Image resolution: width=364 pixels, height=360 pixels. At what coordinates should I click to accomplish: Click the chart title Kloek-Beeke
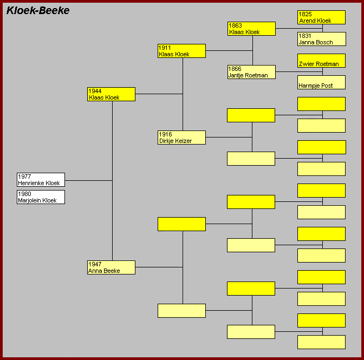[38, 10]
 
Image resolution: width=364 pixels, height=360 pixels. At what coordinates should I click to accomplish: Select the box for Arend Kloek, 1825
[321, 17]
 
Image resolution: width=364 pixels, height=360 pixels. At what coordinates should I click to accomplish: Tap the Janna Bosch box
[321, 39]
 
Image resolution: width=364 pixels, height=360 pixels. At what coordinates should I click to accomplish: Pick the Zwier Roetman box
[321, 61]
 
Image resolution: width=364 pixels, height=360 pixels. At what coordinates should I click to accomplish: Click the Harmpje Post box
[321, 82]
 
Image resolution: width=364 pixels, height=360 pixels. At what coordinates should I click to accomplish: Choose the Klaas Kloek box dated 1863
[251, 29]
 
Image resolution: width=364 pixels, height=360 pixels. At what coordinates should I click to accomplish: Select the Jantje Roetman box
[251, 72]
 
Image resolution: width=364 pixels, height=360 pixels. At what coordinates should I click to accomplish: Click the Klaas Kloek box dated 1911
[181, 51]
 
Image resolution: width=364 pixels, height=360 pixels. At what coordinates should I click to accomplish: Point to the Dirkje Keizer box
[181, 138]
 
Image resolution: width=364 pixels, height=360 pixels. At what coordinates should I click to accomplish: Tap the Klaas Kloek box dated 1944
[111, 94]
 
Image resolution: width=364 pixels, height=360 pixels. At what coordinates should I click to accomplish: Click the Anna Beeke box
[111, 267]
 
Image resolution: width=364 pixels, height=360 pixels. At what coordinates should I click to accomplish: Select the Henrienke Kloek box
[41, 180]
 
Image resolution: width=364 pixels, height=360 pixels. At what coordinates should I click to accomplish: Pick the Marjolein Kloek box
[41, 197]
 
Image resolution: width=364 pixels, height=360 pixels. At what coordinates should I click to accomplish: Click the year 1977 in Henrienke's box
[24, 176]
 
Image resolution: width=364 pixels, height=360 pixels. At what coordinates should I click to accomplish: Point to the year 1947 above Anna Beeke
[95, 264]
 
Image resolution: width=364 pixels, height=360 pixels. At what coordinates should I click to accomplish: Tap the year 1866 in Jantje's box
[235, 69]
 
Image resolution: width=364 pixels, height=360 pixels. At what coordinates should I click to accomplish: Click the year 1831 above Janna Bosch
[305, 36]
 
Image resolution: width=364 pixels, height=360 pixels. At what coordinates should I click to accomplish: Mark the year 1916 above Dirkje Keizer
[165, 134]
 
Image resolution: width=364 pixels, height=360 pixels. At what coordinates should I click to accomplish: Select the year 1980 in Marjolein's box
[24, 194]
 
